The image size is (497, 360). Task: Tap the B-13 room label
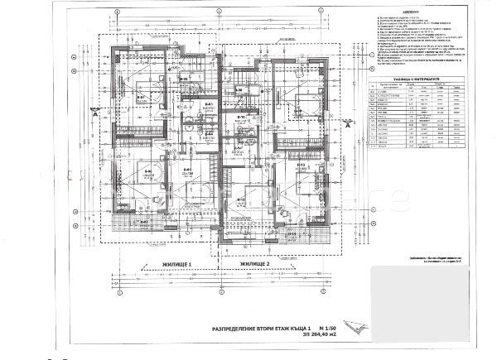[302, 165]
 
